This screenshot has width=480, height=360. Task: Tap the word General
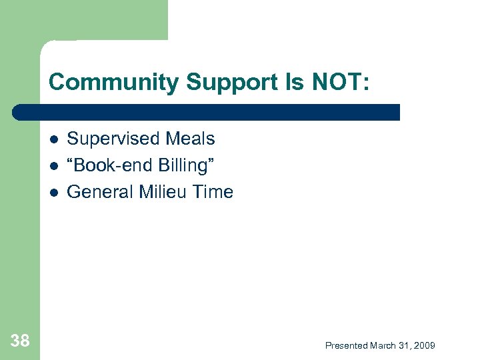coord(100,192)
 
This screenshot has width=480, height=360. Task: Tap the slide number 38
coord(20,341)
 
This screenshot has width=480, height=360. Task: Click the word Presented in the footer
coord(347,345)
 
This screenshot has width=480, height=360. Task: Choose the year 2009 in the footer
coord(425,345)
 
